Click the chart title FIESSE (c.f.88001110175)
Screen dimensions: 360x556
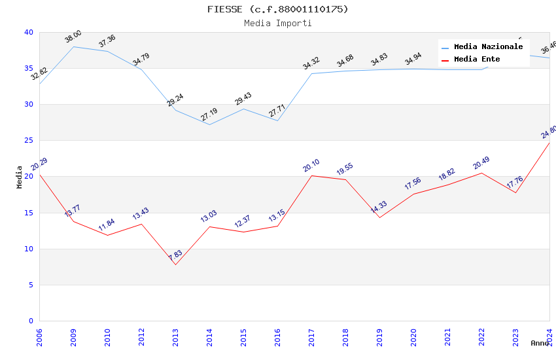point(277,9)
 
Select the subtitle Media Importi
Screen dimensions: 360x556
point(277,23)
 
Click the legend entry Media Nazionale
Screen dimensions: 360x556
point(488,47)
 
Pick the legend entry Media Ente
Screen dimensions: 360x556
point(477,60)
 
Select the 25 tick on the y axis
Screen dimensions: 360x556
point(28,141)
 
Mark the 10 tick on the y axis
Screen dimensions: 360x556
point(28,249)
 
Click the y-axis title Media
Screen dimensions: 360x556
point(20,177)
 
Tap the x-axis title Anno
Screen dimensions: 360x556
point(540,343)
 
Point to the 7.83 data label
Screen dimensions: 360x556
point(175,256)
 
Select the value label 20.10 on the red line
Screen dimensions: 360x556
point(311,166)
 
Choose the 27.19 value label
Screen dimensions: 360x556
point(209,115)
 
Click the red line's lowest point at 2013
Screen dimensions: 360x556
point(175,264)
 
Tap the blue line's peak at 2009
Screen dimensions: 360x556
point(73,46)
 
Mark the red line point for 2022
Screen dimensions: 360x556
point(481,173)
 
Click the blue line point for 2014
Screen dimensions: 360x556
point(209,124)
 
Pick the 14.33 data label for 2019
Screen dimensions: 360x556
point(379,207)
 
